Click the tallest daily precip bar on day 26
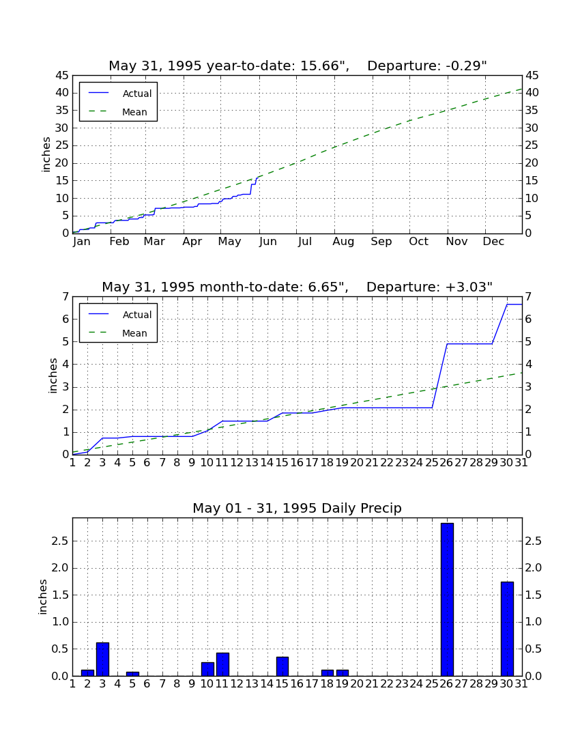(x=447, y=599)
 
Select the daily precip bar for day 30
(x=507, y=629)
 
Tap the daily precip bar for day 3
(x=102, y=659)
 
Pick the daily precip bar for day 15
(x=282, y=666)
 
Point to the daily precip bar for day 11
(x=222, y=664)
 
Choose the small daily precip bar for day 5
(x=132, y=674)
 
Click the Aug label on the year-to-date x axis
(x=344, y=242)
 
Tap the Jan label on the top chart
(x=82, y=242)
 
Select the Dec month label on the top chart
(x=493, y=242)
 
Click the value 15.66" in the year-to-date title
(x=324, y=66)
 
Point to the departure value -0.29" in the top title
(x=466, y=66)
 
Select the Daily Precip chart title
(x=298, y=508)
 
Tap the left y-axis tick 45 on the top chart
(x=63, y=76)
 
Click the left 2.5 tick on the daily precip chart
(x=60, y=541)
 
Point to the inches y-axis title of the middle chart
(x=53, y=376)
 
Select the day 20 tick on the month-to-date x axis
(x=357, y=463)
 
